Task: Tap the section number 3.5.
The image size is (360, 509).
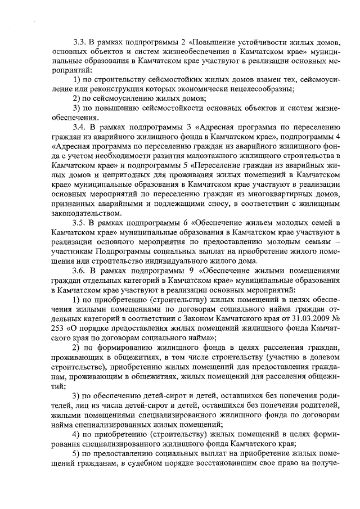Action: [x=80, y=222]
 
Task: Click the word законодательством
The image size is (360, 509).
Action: [x=84, y=213]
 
